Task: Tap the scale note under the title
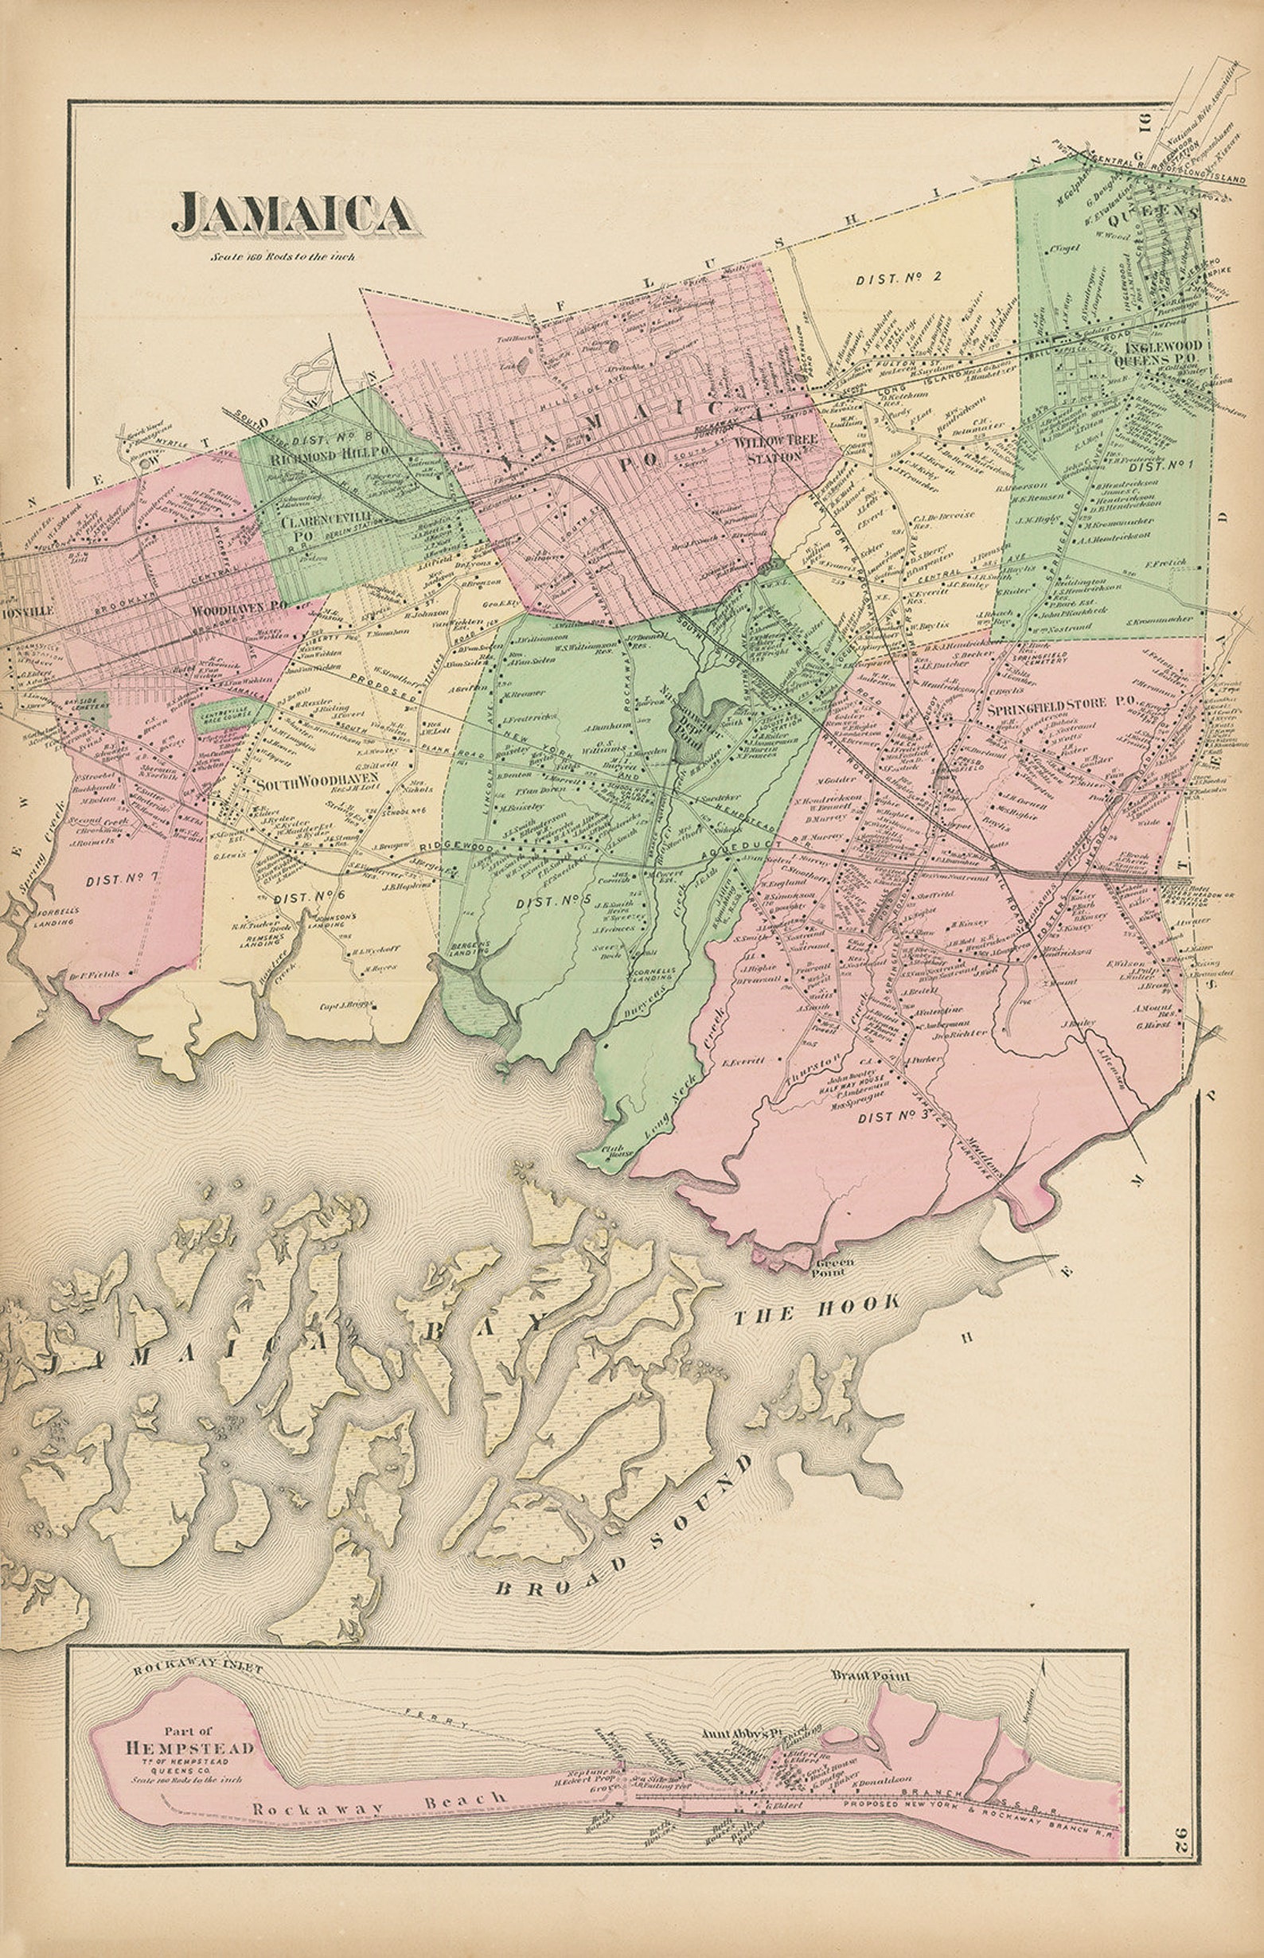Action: click(283, 257)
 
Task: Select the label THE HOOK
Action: click(816, 1309)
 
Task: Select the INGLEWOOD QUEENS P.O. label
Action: click(1157, 353)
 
